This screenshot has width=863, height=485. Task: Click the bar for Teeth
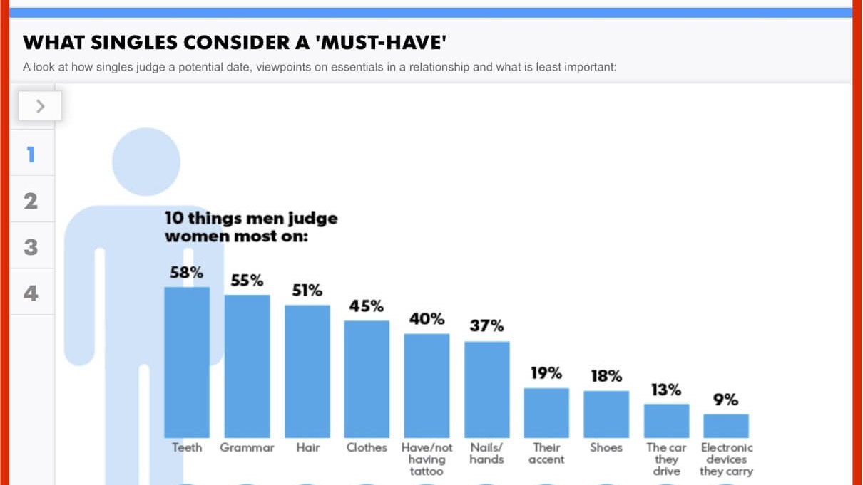[x=187, y=363]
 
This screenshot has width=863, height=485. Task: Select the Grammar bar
[x=247, y=366]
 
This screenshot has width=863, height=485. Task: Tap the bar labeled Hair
[x=307, y=371]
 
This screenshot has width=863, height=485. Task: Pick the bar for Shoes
[x=606, y=414]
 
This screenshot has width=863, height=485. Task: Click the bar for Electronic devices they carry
[x=726, y=426]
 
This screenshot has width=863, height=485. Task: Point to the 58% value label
[x=187, y=273]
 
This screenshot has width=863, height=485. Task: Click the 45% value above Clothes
[x=367, y=306]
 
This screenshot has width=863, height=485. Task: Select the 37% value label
[x=486, y=325]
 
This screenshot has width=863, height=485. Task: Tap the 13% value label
[x=666, y=390]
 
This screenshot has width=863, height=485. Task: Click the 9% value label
[x=726, y=400]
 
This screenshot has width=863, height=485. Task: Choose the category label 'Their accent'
[x=546, y=454]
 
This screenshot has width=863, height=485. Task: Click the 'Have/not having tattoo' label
[x=427, y=459]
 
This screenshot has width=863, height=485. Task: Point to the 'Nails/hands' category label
[x=486, y=454]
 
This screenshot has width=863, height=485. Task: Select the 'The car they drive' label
[x=666, y=459]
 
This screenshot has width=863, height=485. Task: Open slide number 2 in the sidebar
[x=31, y=201]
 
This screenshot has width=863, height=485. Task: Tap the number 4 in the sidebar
[x=31, y=293]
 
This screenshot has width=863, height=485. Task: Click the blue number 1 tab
[x=31, y=155]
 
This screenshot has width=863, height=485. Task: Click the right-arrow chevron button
[x=40, y=106]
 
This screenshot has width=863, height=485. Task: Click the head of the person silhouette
[x=146, y=162]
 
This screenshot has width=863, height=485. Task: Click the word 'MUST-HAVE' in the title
[x=383, y=42]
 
